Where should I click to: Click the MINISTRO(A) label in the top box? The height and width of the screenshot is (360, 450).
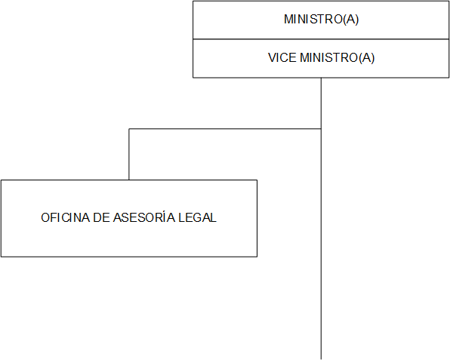point(321,19)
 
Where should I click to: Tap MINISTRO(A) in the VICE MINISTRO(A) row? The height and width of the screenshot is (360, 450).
point(337,57)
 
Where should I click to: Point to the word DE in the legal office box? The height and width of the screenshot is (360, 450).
point(102,217)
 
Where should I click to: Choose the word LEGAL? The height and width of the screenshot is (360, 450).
point(198,217)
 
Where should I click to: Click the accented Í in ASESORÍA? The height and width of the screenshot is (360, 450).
point(164,217)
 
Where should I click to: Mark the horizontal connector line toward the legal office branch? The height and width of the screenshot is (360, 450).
point(225,129)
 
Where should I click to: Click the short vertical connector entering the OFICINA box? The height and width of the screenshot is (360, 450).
point(129,154)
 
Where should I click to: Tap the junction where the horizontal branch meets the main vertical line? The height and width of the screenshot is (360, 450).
point(321,129)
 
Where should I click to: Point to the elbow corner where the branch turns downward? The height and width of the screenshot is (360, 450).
point(129,129)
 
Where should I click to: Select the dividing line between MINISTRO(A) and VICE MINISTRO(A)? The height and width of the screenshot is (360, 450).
point(321,39)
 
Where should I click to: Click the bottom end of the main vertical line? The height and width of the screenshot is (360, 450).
point(321,359)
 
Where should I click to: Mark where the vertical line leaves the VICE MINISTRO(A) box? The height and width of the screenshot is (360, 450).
point(321,78)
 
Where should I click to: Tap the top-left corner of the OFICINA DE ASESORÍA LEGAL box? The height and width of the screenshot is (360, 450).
point(2,180)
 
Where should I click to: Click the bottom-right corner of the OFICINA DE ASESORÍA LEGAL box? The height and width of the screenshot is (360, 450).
point(257,257)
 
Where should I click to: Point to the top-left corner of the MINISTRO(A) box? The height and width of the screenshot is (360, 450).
point(193,2)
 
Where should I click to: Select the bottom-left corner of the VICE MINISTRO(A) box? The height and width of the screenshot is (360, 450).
point(193,78)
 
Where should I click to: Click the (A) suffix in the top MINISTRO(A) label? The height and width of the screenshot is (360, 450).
point(351,20)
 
